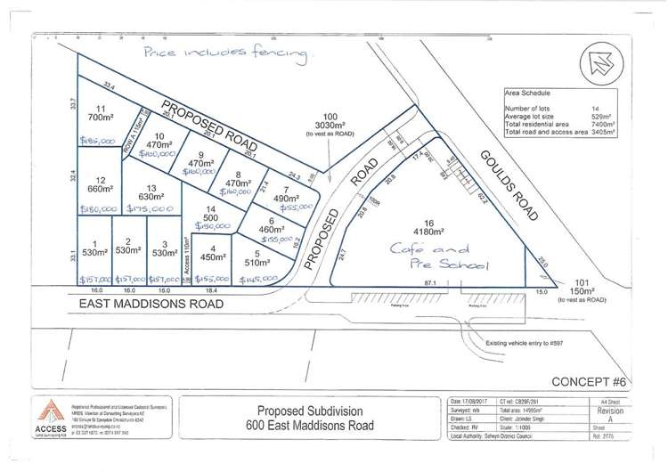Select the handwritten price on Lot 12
98,209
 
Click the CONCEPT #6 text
589,381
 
